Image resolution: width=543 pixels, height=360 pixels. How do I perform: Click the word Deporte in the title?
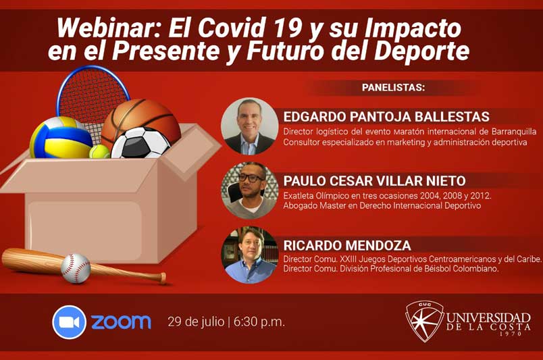[421, 51]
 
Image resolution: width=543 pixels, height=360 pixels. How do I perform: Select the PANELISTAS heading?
[393, 87]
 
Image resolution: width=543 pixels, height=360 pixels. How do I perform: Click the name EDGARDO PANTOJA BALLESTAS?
[386, 117]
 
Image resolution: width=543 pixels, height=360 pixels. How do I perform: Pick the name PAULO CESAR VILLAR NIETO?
[375, 181]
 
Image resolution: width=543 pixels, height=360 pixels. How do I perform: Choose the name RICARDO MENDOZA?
[347, 245]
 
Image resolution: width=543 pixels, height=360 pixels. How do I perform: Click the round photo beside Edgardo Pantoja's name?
[250, 126]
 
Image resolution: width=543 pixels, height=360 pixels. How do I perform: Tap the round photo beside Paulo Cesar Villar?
[250, 190]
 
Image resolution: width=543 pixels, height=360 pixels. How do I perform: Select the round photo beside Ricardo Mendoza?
[250, 255]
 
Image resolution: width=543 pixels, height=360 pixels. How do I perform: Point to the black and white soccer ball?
[140, 143]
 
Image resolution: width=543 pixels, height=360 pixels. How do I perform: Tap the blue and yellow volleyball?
[61, 138]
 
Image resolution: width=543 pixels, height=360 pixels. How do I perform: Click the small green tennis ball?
[99, 151]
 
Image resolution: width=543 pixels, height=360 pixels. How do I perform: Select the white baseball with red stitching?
[76, 269]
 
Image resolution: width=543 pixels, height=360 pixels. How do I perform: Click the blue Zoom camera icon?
[70, 322]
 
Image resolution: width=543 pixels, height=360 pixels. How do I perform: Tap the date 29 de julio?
[196, 322]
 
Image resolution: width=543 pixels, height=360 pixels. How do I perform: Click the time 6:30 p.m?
[259, 322]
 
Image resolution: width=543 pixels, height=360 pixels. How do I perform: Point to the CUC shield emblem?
[424, 322]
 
